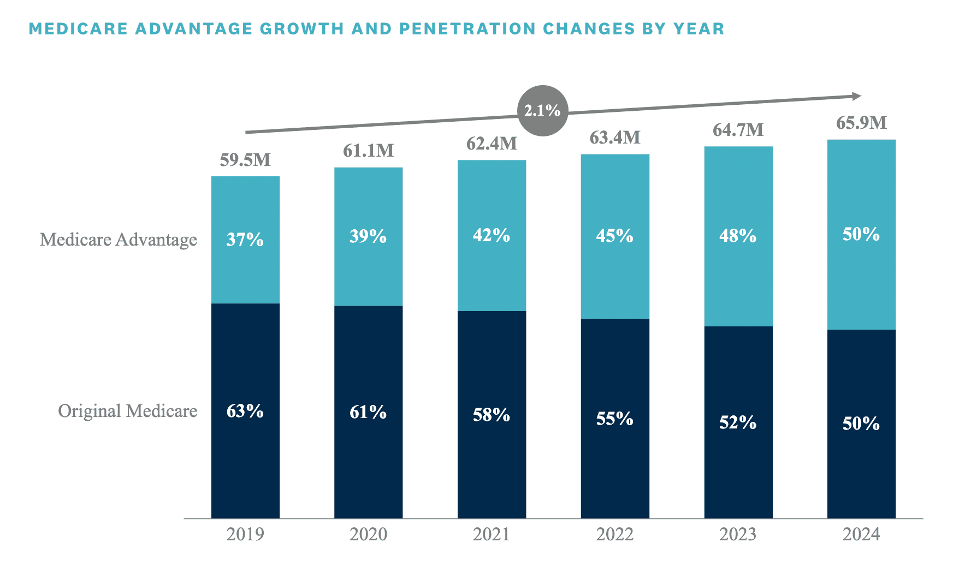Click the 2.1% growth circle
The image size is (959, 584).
click(542, 111)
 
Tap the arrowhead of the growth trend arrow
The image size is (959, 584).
click(857, 96)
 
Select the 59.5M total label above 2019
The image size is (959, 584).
click(245, 160)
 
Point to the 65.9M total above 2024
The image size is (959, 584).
click(861, 123)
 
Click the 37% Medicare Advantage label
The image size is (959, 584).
click(245, 239)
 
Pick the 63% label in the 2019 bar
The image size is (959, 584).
click(245, 411)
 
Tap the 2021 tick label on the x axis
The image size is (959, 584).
click(492, 534)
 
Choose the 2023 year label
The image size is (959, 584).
click(738, 534)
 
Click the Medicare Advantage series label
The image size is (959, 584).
click(119, 240)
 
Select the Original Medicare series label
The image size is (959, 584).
click(128, 411)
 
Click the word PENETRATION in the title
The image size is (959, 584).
click(468, 28)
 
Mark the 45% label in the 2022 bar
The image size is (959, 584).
click(615, 236)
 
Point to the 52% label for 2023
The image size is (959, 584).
click(738, 422)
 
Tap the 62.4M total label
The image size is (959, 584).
click(492, 144)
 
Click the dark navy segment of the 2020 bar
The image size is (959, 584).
click(369, 464)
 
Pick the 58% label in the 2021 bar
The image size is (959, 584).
click(492, 415)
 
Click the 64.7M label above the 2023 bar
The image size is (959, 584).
click(738, 130)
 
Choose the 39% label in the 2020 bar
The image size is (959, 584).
click(369, 236)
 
